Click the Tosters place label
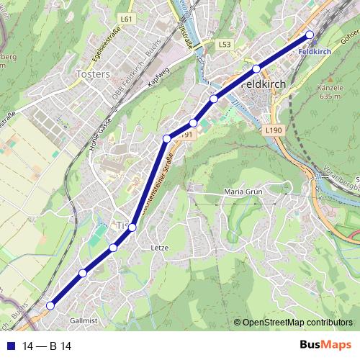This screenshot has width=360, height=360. (93, 74)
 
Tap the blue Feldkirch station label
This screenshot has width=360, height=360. (314, 52)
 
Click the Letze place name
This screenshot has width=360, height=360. (159, 248)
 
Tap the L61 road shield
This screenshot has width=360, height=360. (127, 18)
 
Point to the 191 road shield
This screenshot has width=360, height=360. (187, 135)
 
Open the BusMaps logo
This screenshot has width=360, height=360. (325, 346)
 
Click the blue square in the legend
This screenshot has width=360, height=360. (11, 346)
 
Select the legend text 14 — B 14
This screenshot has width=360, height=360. (47, 346)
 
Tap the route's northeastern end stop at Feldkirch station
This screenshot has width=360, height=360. (310, 35)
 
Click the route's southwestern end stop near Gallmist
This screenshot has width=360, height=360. (50, 306)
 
